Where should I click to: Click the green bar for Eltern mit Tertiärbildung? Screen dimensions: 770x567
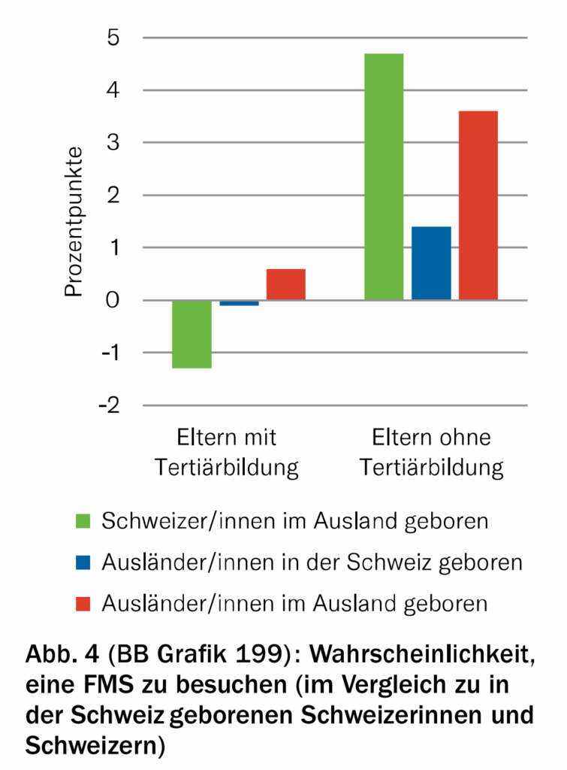pyautogui.click(x=192, y=334)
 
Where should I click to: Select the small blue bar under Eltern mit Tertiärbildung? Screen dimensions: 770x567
pyautogui.click(x=239, y=303)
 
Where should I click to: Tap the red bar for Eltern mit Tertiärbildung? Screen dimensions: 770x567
pyautogui.click(x=285, y=284)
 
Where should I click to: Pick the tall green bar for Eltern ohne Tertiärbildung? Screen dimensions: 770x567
pyautogui.click(x=384, y=177)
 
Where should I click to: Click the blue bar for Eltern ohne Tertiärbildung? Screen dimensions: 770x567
pyautogui.click(x=431, y=263)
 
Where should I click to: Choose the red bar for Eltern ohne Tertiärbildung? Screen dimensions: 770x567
pyautogui.click(x=478, y=205)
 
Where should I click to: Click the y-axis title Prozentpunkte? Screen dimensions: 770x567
pyautogui.click(x=73, y=222)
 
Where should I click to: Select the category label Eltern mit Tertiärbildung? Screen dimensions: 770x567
pyautogui.click(x=227, y=453)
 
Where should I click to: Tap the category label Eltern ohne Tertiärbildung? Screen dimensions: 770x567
pyautogui.click(x=431, y=453)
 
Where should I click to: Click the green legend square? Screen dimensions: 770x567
pyautogui.click(x=83, y=520)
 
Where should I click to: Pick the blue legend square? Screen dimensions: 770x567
pyautogui.click(x=83, y=562)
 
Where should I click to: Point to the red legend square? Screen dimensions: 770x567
pyautogui.click(x=83, y=603)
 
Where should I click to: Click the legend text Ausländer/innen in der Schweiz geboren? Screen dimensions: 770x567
pyautogui.click(x=312, y=562)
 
